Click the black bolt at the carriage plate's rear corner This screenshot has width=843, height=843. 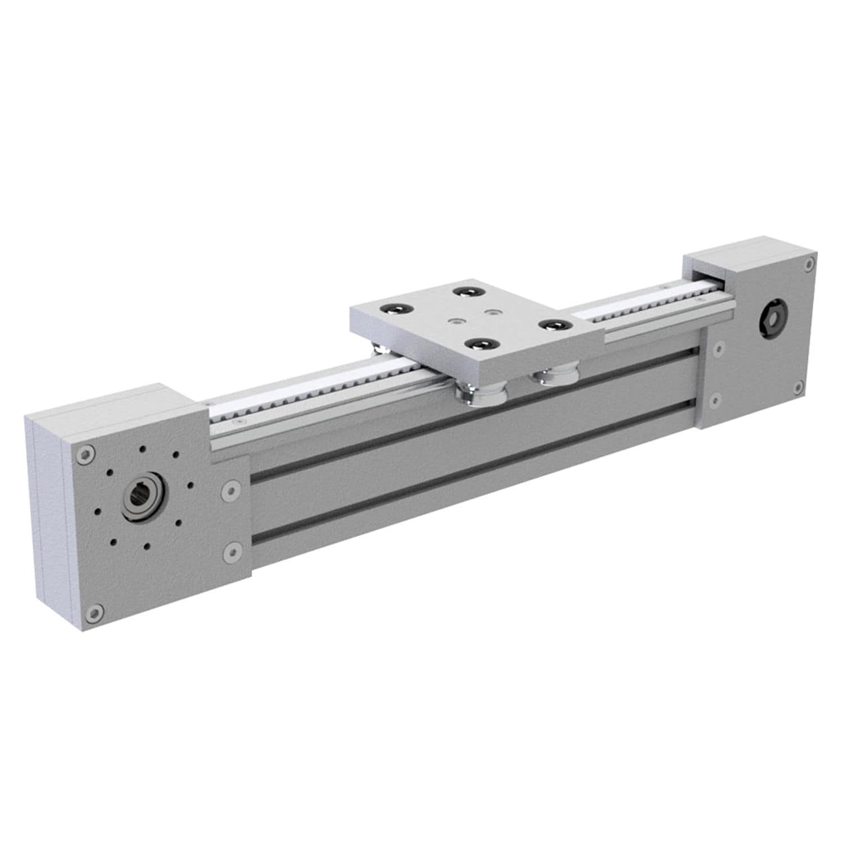pos(466,292)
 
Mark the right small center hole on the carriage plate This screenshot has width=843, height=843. pos(493,311)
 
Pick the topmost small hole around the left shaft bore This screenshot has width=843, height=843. pos(143,449)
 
